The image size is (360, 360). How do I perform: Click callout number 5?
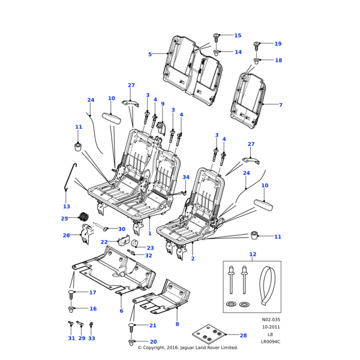point(150,54)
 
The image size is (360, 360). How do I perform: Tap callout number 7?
point(280,105)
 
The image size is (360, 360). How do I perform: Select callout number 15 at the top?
point(238,36)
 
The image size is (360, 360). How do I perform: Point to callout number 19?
point(278,44)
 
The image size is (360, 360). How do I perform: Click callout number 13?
point(66,206)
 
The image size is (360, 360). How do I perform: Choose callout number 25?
point(64,219)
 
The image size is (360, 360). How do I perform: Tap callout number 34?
point(186,177)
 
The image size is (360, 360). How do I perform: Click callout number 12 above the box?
point(253,254)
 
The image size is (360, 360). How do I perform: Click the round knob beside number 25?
point(84,217)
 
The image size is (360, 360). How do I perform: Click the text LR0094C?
point(271,341)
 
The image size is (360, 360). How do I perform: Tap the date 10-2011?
point(271,327)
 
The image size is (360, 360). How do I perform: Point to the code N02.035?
point(271,320)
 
